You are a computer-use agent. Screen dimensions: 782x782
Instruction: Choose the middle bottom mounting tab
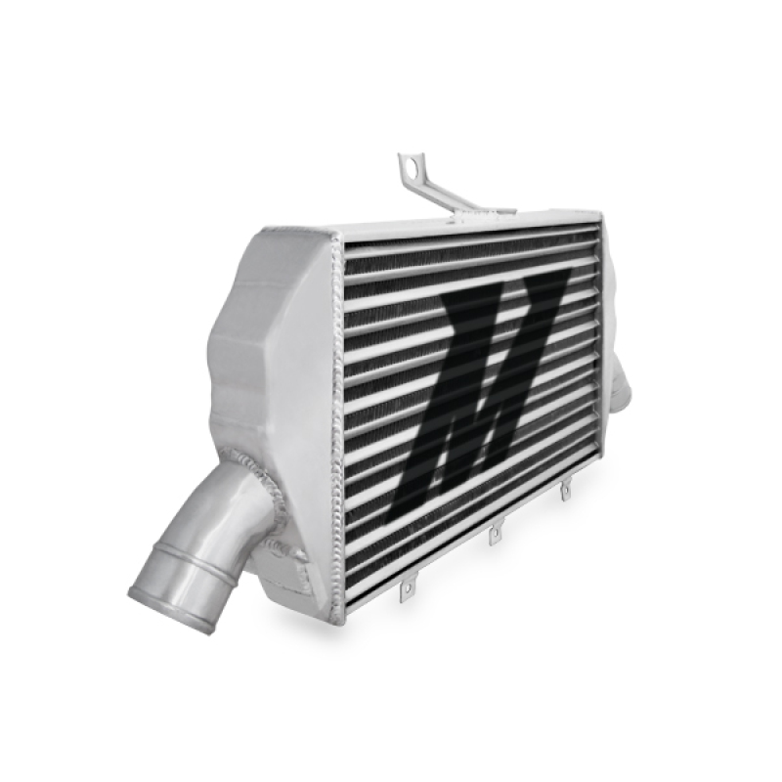click(495, 533)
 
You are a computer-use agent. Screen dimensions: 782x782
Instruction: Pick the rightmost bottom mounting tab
click(565, 492)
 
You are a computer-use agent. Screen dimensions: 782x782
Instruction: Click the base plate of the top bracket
click(489, 209)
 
